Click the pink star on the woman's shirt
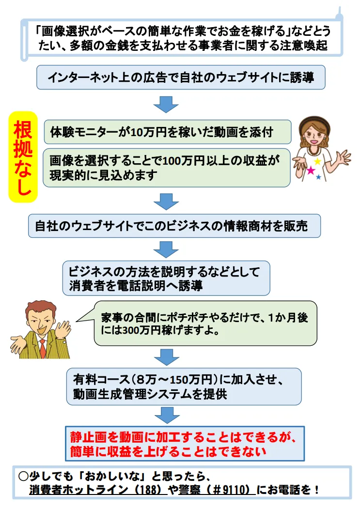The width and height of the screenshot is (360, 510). point(310,170)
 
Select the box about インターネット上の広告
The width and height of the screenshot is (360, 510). point(180,77)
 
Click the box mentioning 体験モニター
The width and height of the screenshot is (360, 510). point(167,132)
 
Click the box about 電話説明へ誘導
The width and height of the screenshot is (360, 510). point(166,278)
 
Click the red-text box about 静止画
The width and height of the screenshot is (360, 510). point(185,443)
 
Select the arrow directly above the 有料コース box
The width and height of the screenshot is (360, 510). point(166,356)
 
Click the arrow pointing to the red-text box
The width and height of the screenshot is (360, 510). point(166,415)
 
